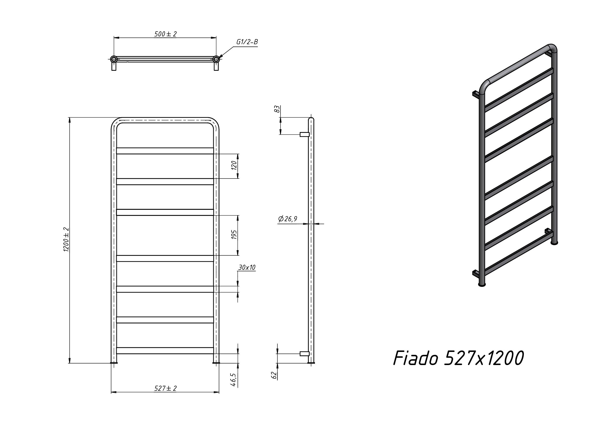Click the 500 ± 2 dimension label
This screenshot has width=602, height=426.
click(165, 34)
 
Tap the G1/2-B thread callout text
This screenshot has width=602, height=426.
click(247, 42)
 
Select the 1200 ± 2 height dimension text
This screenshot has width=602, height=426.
click(66, 239)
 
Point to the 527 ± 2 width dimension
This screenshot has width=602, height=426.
click(165, 388)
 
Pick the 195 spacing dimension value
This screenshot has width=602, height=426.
click(234, 234)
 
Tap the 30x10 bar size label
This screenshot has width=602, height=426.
click(247, 267)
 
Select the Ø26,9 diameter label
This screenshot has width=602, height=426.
click(288, 219)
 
